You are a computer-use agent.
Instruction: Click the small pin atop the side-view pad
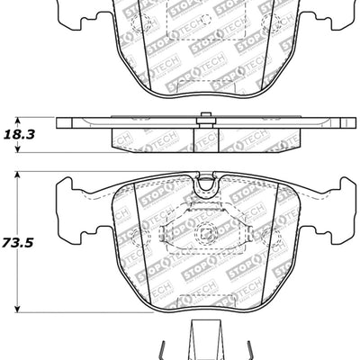(207, 114)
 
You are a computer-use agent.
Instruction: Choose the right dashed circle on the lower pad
(277, 238)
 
